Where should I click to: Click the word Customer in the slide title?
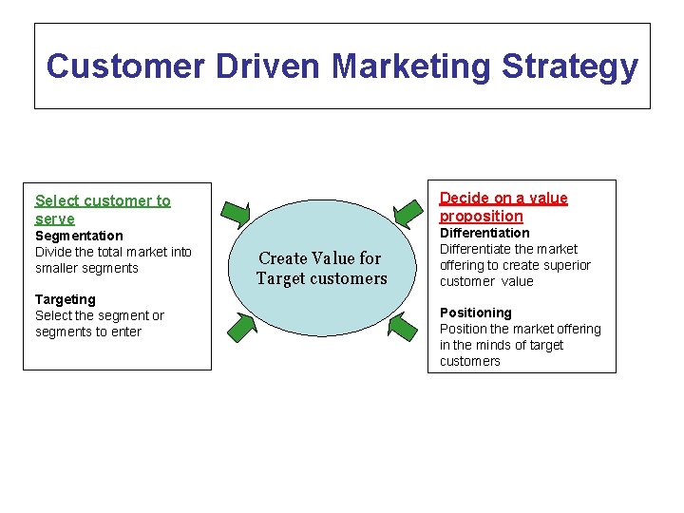pyautogui.click(x=125, y=66)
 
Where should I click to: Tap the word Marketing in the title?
pyautogui.click(x=411, y=66)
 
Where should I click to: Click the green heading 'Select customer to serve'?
pyautogui.click(x=103, y=209)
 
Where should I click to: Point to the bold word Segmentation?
pyautogui.click(x=79, y=236)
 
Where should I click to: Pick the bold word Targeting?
pyautogui.click(x=66, y=299)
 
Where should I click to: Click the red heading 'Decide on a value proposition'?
pyautogui.click(x=503, y=207)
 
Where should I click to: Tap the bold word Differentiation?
pyautogui.click(x=484, y=233)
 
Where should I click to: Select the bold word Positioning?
pyautogui.click(x=475, y=313)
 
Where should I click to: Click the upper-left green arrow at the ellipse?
pyautogui.click(x=235, y=215)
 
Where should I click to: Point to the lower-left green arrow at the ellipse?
pyautogui.click(x=240, y=327)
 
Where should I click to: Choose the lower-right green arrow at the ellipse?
pyautogui.click(x=403, y=328)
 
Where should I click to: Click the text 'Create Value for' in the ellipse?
pyautogui.click(x=319, y=258)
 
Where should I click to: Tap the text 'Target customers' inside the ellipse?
pyautogui.click(x=321, y=279)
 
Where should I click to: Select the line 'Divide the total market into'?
pyautogui.click(x=113, y=252)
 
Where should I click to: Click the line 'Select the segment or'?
pyautogui.click(x=100, y=315)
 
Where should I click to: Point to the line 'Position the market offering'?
pyautogui.click(x=521, y=329)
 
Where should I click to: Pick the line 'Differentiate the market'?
pyautogui.click(x=508, y=249)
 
